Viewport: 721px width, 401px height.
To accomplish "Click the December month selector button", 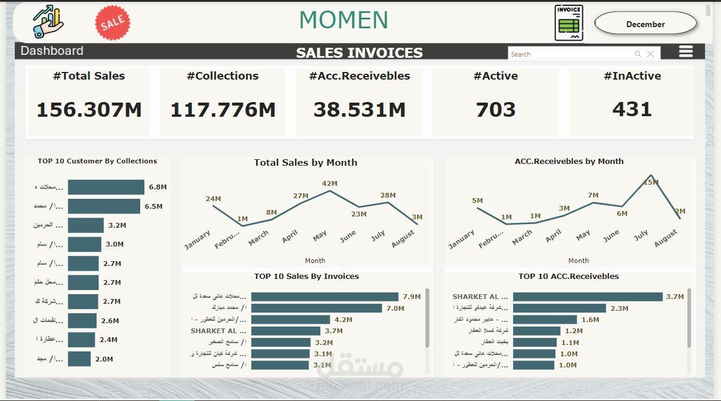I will point(646,24).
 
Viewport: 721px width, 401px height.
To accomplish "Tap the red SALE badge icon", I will point(113,23).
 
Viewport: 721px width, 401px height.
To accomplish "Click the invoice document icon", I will point(568,23).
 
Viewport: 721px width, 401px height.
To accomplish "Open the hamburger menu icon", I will point(686,51).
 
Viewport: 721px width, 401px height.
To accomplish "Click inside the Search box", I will point(568,54).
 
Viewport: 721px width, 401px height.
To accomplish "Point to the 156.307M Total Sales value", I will point(89,110).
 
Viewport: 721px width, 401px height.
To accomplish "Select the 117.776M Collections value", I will point(223,110).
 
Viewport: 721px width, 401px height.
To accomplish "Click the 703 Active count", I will point(495,110).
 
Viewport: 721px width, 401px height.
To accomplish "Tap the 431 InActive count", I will point(632,109).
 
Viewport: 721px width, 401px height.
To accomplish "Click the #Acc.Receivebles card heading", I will point(359,76).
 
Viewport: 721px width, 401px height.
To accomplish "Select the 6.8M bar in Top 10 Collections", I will point(106,187).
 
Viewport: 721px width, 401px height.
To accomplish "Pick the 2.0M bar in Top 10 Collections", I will point(80,359).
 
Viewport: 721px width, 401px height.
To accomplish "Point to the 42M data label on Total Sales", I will point(329,183).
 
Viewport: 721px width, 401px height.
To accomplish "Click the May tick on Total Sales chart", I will point(320,236).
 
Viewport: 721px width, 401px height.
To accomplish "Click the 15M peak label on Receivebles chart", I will point(651,182).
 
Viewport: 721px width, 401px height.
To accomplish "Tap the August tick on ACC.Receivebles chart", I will point(666,238).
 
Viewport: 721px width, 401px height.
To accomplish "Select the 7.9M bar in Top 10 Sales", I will point(325,297).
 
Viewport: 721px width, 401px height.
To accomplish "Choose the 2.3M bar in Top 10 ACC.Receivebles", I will point(559,308).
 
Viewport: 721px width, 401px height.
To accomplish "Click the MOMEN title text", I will point(343,21).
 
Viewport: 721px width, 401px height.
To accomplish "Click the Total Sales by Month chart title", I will point(305,163).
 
